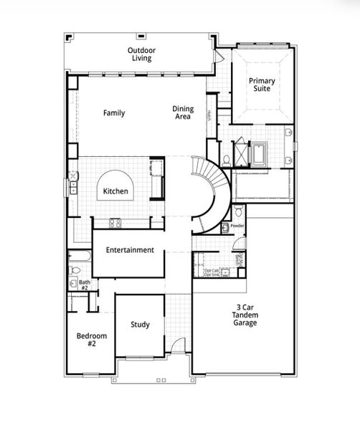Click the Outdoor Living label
tap(142, 54)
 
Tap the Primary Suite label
tap(262, 85)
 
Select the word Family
tap(114, 113)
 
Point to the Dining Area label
tap(181, 113)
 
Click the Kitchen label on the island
tap(115, 191)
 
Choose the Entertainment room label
tap(130, 250)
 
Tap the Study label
tap(141, 325)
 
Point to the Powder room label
tap(237, 225)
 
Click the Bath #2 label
tap(85, 285)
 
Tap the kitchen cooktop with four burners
tap(115, 223)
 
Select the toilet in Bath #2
tap(75, 270)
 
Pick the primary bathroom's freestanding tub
tap(258, 153)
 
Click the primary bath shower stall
tap(241, 153)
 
